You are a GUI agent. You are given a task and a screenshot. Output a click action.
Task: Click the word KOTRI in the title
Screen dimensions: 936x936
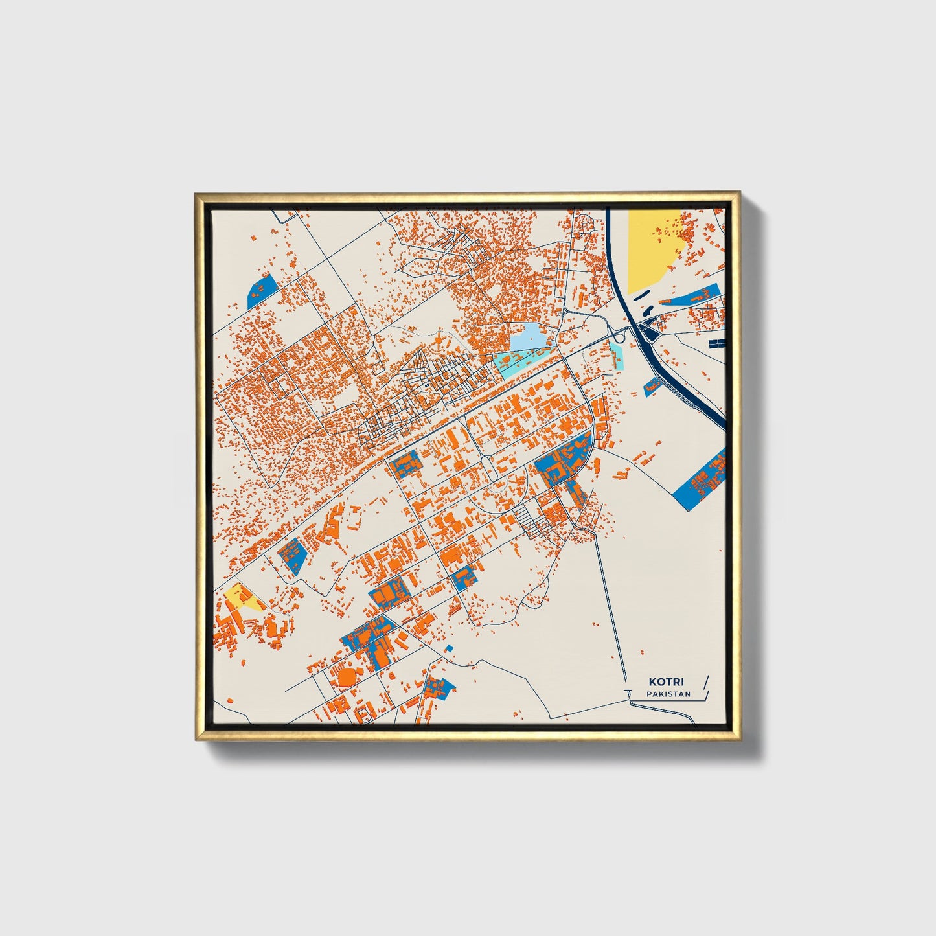coord(667,682)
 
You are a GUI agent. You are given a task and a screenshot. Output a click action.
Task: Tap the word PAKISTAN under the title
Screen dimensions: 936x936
coord(668,694)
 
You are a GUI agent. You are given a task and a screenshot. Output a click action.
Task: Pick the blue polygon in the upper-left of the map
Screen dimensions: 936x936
coord(260,292)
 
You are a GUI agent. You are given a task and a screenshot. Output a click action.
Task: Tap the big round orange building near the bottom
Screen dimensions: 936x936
coord(347,677)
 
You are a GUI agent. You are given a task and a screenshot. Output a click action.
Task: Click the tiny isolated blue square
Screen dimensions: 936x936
coord(449,648)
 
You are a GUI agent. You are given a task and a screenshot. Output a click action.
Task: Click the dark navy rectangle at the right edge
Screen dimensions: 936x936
coord(716,343)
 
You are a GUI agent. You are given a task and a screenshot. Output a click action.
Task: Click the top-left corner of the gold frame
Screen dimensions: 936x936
coord(196,194)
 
